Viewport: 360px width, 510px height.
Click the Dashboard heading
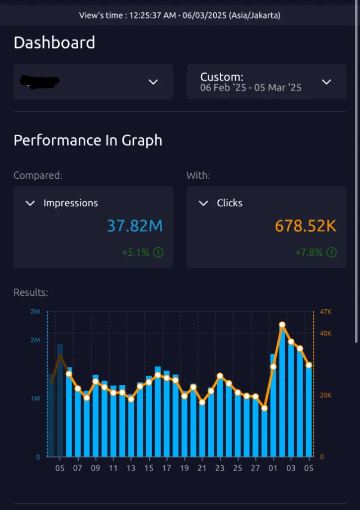click(x=54, y=42)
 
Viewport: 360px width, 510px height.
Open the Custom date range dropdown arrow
click(x=326, y=82)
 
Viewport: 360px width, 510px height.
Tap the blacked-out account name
click(x=39, y=82)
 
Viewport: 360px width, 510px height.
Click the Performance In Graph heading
click(x=88, y=140)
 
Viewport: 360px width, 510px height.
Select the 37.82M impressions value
click(x=134, y=226)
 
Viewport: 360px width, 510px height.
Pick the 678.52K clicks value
click(x=305, y=226)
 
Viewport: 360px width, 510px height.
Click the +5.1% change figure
click(x=136, y=252)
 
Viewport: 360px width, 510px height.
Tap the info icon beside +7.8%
click(x=332, y=252)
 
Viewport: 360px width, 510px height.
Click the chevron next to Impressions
click(x=30, y=203)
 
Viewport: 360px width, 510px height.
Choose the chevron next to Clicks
click(x=204, y=203)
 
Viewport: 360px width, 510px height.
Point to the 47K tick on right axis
click(x=326, y=312)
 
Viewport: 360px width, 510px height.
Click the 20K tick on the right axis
click(x=326, y=395)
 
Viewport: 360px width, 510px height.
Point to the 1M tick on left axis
click(x=35, y=399)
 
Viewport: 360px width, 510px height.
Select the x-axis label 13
click(x=131, y=468)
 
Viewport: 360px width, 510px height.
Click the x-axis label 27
click(x=255, y=468)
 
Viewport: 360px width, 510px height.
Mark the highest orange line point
click(x=282, y=324)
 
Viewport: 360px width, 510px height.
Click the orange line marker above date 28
click(x=264, y=408)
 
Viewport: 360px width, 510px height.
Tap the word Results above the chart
click(x=30, y=292)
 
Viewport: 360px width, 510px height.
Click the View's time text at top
click(x=179, y=15)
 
